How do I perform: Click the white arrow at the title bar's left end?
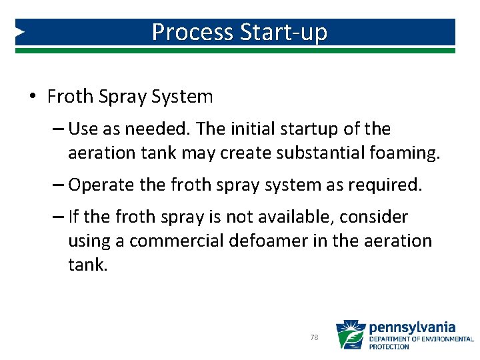(21, 31)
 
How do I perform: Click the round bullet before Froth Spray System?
(33, 97)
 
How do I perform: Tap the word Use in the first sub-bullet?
(83, 128)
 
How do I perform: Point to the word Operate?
(96, 185)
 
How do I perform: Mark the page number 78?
(314, 338)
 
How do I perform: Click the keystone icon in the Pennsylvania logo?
(350, 335)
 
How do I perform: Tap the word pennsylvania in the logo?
(411, 327)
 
